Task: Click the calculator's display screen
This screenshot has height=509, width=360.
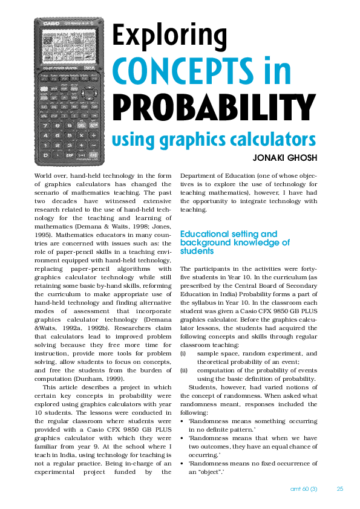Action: pyautogui.click(x=69, y=47)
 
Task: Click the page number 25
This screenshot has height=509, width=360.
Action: pyautogui.click(x=340, y=488)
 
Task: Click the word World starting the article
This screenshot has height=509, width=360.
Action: pyautogui.click(x=44, y=175)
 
